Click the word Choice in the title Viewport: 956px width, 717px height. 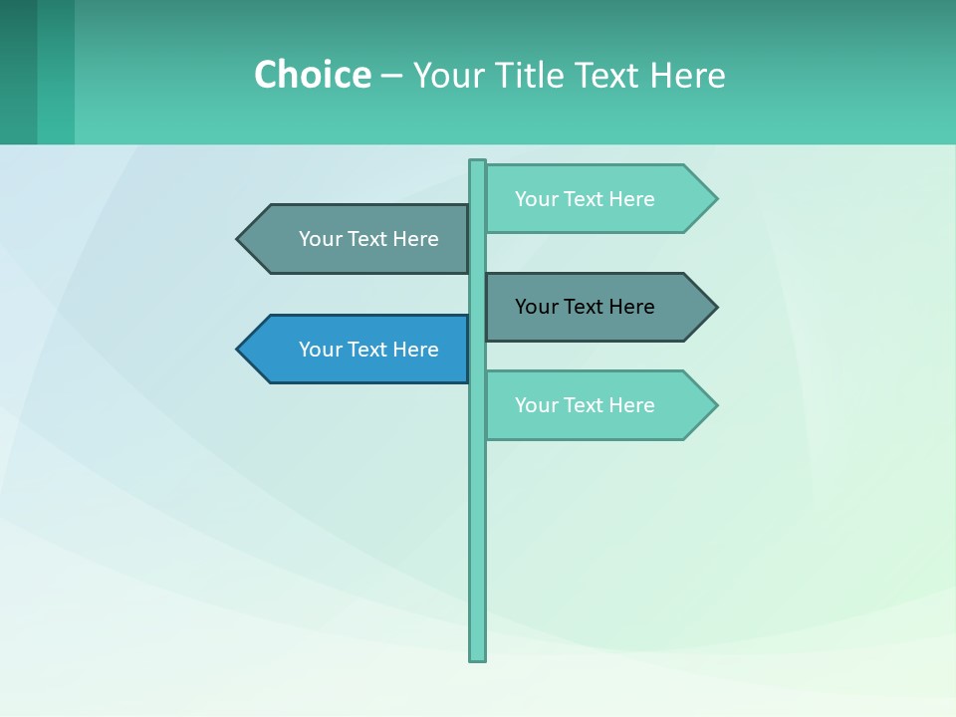point(312,75)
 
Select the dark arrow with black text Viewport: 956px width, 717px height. point(597,307)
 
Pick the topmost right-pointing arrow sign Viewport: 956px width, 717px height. point(597,199)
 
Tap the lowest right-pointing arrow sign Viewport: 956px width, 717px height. point(597,405)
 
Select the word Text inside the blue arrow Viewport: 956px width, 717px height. point(368,350)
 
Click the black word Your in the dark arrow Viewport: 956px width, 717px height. point(536,307)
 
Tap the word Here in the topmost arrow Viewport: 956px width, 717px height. point(631,199)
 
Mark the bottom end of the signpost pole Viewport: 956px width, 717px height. point(478,657)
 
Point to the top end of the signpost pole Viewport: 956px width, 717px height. point(478,163)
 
